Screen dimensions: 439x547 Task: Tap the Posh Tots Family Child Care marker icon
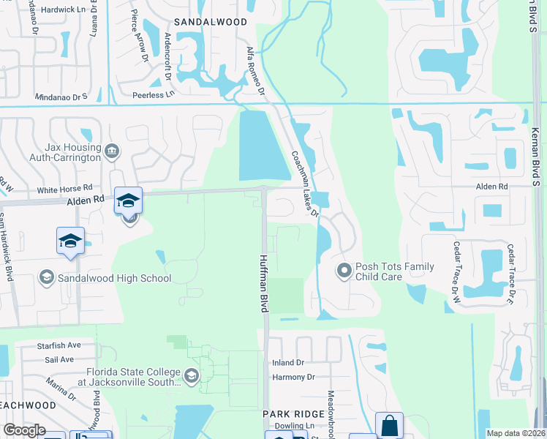tap(344, 271)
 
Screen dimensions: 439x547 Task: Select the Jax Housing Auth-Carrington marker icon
tap(111, 151)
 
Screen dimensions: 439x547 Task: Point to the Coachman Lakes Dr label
tap(305, 184)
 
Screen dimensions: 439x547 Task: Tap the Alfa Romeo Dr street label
tap(255, 69)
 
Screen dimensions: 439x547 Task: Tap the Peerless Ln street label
tap(154, 94)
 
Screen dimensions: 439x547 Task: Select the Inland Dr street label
tap(287, 363)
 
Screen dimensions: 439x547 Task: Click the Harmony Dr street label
tap(293, 378)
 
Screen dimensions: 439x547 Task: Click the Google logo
tap(24, 431)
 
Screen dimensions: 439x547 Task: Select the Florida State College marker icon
tap(191, 377)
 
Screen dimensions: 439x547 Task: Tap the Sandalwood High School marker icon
tap(47, 277)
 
